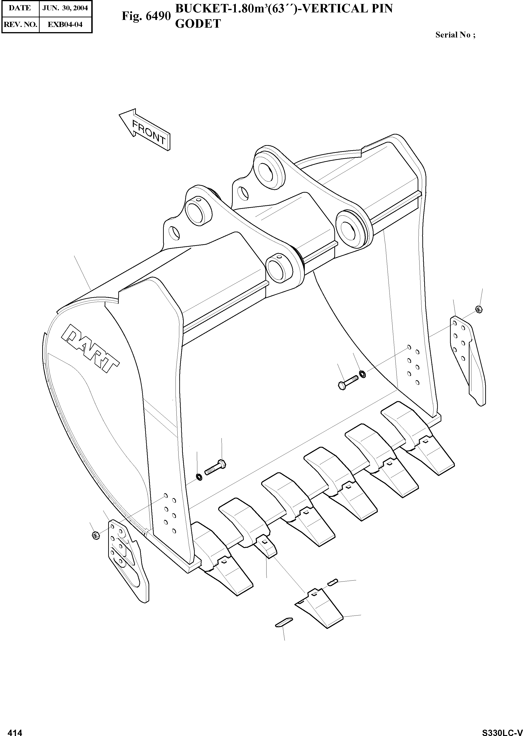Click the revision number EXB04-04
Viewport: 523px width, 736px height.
(x=65, y=24)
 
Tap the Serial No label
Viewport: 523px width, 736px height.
(x=455, y=35)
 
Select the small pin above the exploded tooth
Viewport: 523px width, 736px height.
(x=332, y=582)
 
